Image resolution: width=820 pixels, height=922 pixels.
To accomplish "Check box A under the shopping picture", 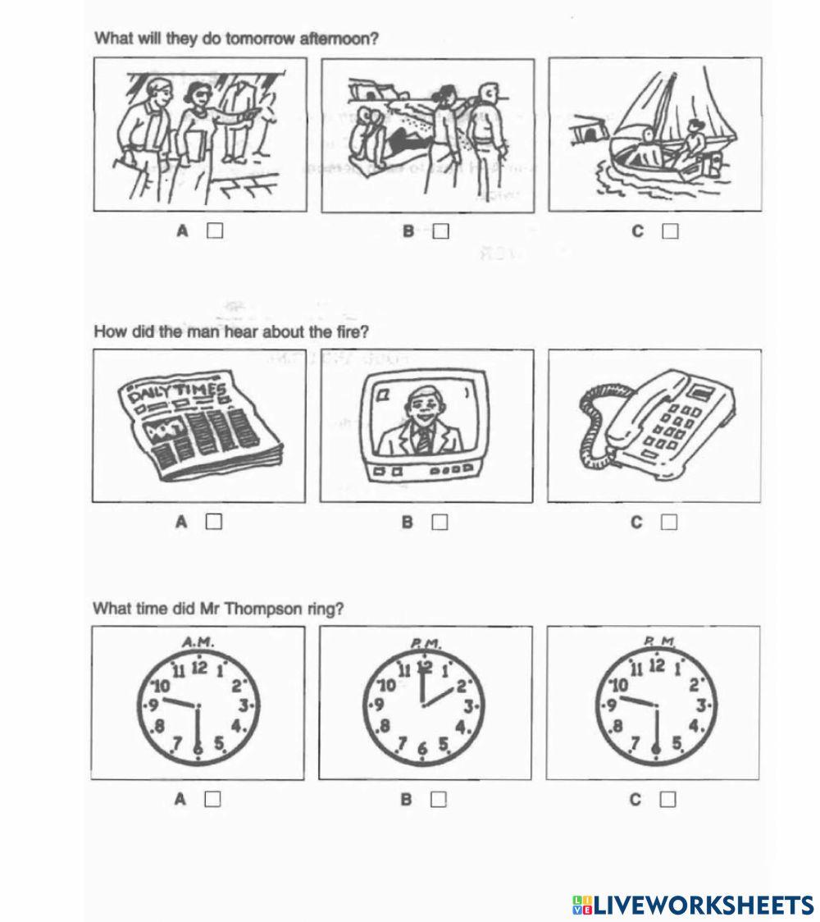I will (x=215, y=230).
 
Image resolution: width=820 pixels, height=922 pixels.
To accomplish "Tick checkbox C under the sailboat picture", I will (x=670, y=231).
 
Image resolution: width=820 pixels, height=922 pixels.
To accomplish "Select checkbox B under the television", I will (x=440, y=522).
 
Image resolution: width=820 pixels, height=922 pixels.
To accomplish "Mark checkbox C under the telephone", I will (x=669, y=522).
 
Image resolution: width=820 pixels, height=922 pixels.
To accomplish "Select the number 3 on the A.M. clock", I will (x=244, y=704).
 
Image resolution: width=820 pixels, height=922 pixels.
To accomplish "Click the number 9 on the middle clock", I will (x=378, y=704).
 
